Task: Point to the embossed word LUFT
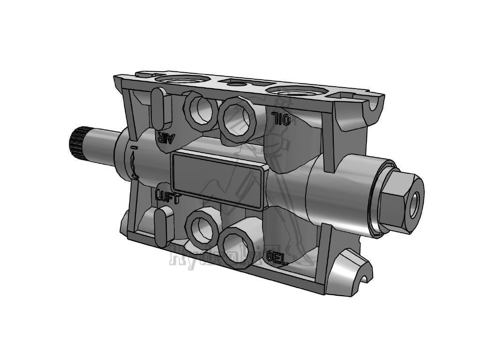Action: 167,197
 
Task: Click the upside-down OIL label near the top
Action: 281,119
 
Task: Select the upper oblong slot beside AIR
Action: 158,108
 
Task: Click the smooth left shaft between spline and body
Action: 101,147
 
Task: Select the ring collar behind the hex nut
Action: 375,197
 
